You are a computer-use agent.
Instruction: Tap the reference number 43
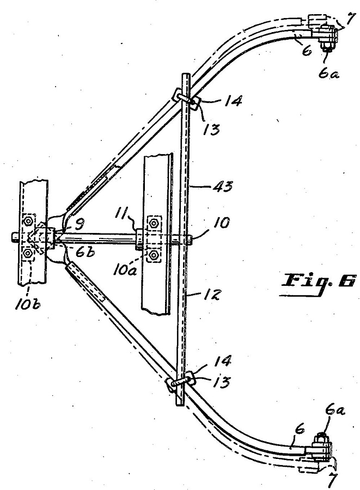pyautogui.click(x=223, y=187)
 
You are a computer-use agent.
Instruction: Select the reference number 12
pyautogui.click(x=213, y=294)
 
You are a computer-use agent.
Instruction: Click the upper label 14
pyautogui.click(x=232, y=101)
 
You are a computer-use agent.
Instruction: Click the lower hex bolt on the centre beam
pyautogui.click(x=154, y=255)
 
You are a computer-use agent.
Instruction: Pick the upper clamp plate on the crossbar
pyautogui.click(x=187, y=99)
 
